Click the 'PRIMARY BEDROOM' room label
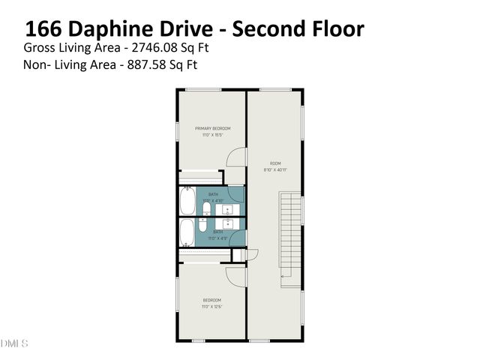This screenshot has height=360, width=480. pos(212,128)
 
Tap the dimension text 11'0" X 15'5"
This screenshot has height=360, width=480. pos(212,135)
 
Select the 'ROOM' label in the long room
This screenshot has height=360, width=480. pos(275,163)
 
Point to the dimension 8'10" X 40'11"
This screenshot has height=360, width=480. pos(275,169)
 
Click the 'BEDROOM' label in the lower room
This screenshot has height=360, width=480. pos(212,300)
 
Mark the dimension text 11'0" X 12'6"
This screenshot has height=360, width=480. pos(212,307)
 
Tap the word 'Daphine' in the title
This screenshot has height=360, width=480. pos(110,29)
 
